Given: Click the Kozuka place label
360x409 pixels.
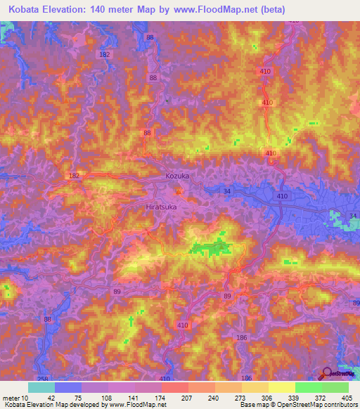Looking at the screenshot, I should pos(177,176).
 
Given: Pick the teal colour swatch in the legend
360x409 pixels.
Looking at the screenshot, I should pos(41,387).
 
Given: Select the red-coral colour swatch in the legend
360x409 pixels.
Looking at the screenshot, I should pos(175,387).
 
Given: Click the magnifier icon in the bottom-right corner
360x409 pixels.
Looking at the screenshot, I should pos(327,374).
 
